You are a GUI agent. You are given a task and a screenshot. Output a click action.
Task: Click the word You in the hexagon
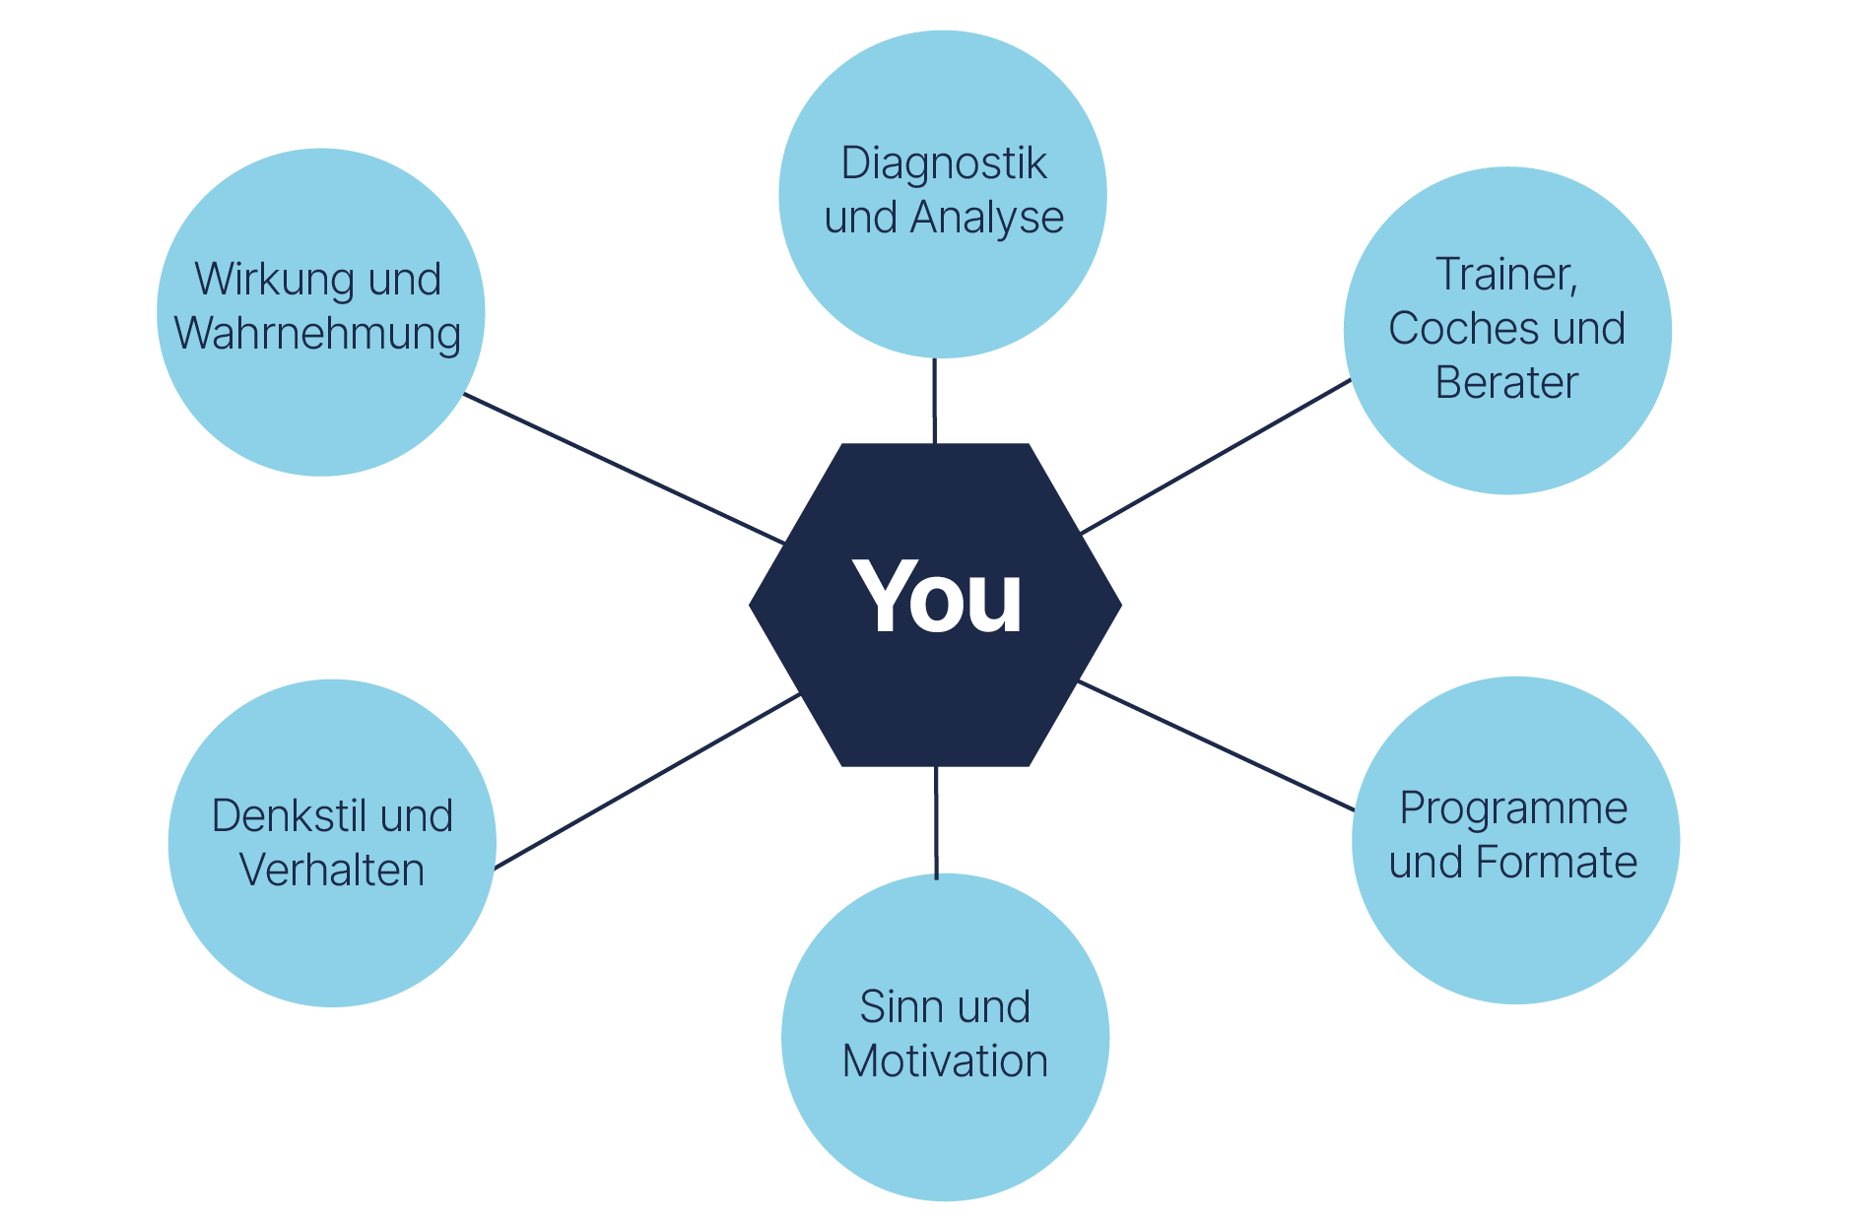click(x=938, y=596)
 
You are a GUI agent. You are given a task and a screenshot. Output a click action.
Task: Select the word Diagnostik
click(x=943, y=164)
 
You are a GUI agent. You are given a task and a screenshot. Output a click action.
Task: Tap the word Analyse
click(x=987, y=218)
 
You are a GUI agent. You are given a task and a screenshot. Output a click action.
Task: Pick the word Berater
click(x=1506, y=382)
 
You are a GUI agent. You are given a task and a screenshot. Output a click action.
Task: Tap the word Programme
click(x=1513, y=809)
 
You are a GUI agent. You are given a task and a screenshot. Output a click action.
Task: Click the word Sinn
click(x=896, y=1007)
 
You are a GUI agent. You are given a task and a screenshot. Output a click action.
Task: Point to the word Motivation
click(x=945, y=1062)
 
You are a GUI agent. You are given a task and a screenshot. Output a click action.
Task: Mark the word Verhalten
click(x=332, y=870)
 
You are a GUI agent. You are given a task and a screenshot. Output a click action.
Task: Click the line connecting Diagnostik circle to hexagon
click(x=935, y=401)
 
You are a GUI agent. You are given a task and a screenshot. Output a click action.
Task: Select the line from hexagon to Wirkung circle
click(x=624, y=469)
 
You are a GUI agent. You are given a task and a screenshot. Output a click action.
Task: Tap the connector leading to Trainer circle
click(x=1216, y=456)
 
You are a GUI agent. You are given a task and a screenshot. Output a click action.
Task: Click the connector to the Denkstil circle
click(x=646, y=782)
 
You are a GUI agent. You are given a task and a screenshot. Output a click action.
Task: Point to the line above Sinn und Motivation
click(x=936, y=822)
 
